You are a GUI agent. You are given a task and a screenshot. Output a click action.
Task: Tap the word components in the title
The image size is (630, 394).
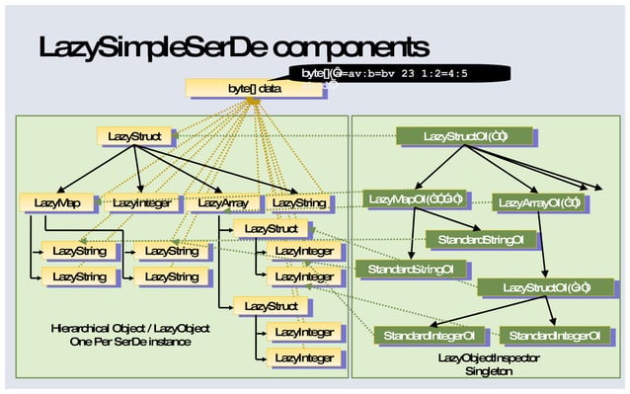click(350, 48)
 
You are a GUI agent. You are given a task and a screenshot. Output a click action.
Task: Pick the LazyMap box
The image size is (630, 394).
click(57, 203)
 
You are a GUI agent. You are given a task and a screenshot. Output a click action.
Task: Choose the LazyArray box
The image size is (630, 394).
click(224, 203)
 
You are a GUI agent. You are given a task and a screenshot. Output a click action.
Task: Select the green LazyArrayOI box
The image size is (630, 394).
click(539, 203)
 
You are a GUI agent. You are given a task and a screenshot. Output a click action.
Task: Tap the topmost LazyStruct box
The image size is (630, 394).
click(135, 135)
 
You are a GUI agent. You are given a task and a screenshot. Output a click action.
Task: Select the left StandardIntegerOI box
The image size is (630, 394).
click(430, 337)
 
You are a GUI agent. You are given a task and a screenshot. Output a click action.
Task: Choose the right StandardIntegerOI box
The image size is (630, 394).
click(555, 337)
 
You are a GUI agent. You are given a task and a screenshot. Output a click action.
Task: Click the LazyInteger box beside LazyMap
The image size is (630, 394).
click(141, 203)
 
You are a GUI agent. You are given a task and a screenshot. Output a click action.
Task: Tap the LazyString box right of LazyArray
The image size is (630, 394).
click(298, 203)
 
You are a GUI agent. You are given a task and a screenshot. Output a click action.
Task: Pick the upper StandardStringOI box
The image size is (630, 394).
click(481, 239)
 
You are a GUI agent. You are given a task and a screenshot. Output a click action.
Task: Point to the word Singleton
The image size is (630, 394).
click(489, 371)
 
